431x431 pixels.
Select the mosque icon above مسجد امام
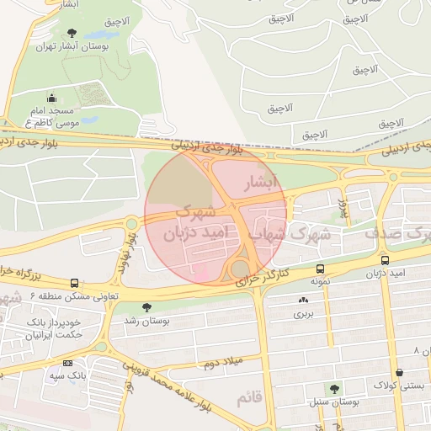coord(52,97)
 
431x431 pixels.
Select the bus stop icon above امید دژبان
coord(385,261)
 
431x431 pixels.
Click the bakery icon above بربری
coord(303,300)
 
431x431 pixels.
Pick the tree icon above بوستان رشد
coord(147,307)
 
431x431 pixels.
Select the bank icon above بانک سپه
coord(68,363)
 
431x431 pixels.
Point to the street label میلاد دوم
coord(222,362)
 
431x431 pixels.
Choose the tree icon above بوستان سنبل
coord(335,389)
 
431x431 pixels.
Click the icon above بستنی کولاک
coord(398,372)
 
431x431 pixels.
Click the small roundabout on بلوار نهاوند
coord(131,223)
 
